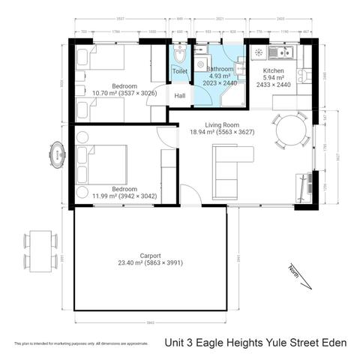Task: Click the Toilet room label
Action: (179, 71)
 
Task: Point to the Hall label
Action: (180, 96)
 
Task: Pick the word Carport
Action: (150, 255)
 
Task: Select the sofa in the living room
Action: (224, 166)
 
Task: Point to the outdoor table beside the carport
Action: (39, 251)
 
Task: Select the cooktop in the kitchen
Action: (259, 52)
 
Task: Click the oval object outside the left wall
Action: (57, 156)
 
